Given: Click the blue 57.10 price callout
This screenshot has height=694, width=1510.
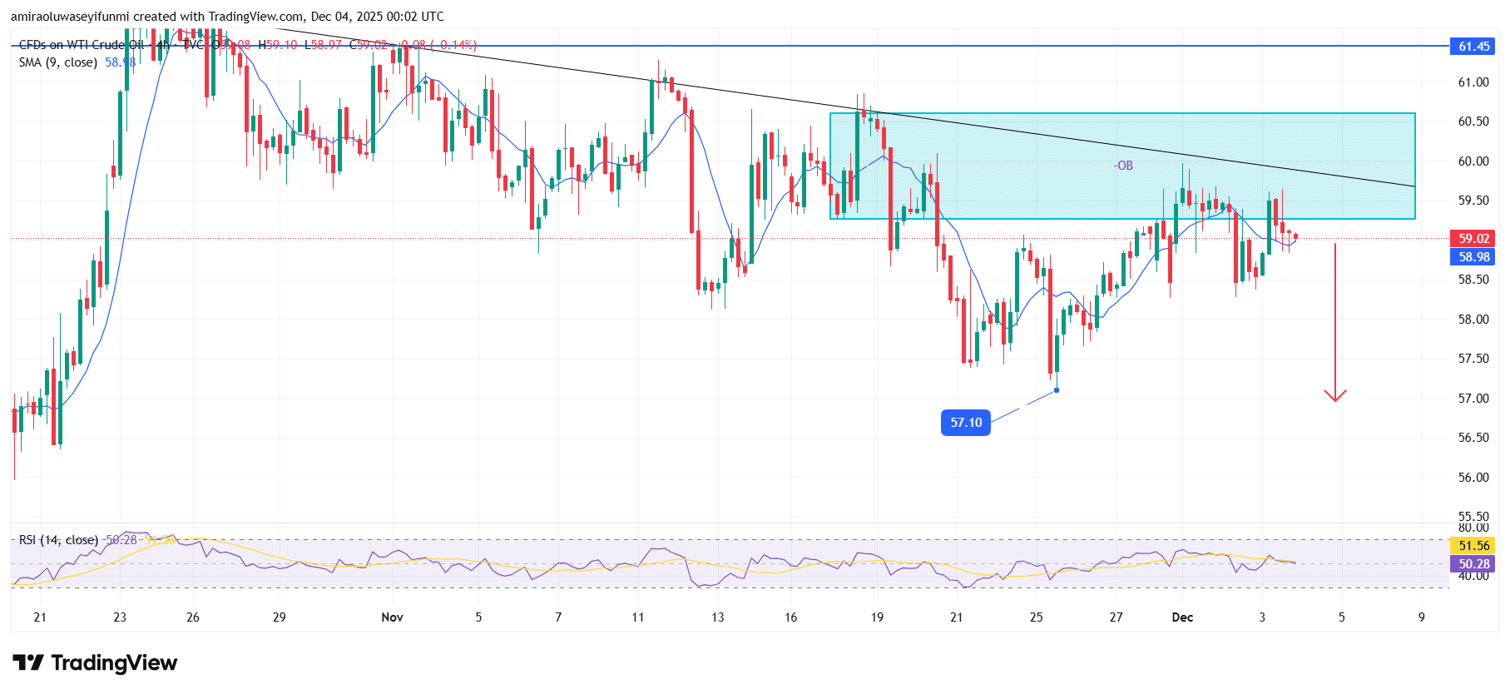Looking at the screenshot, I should [x=965, y=423].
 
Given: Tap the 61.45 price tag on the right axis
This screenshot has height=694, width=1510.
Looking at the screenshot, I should [x=1473, y=47].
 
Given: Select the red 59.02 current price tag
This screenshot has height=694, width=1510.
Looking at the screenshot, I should [x=1473, y=239].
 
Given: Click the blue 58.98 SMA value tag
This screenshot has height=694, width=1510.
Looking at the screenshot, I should [x=1473, y=257].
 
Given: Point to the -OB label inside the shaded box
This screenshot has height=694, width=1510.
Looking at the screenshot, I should [x=1123, y=166].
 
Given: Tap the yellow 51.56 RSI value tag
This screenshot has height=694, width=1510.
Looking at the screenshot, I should [x=1473, y=546].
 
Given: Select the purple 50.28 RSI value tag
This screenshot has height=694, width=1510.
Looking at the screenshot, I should [x=1473, y=564].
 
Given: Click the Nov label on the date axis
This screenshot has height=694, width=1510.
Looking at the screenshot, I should [x=392, y=617].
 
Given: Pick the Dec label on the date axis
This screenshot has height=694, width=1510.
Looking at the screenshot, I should [x=1181, y=617].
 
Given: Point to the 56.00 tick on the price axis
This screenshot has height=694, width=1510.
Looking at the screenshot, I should [x=1473, y=478].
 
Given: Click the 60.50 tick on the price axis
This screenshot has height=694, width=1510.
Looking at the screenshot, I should [x=1473, y=121].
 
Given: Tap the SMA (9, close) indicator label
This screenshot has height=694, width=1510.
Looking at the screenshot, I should [x=58, y=62].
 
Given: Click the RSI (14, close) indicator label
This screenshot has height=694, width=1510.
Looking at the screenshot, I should [x=58, y=540].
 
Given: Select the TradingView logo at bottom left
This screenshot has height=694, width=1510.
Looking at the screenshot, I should [x=95, y=663].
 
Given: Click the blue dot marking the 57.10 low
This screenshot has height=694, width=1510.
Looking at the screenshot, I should [x=1057, y=390].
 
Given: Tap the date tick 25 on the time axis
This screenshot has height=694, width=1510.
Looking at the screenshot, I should [x=1036, y=617].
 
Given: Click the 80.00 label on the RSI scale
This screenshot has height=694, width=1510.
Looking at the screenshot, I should [x=1473, y=528].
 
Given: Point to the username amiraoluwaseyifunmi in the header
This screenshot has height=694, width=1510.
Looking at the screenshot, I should [x=71, y=17].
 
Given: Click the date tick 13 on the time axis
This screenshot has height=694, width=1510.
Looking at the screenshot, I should [x=717, y=617].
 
